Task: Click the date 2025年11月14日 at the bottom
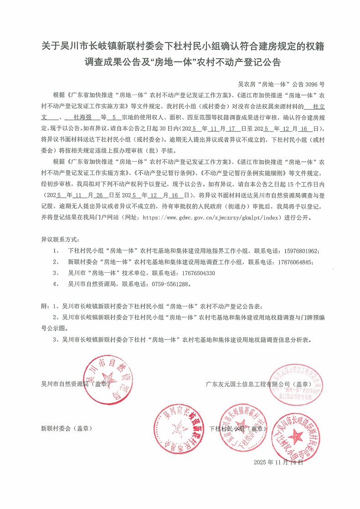(278, 463)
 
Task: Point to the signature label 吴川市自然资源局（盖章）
(76, 384)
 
